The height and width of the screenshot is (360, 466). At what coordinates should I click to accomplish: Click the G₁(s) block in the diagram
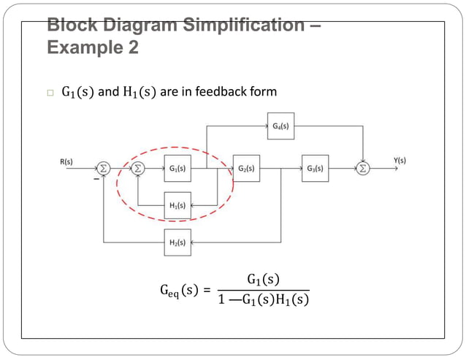pos(177,169)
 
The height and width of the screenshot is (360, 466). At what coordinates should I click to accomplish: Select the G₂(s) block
pos(246,169)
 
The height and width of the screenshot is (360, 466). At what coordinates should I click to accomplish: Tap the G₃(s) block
pos(315,169)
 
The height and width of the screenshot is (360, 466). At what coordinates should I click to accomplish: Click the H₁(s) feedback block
pos(177,205)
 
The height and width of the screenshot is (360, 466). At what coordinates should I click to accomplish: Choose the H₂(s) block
pos(177,242)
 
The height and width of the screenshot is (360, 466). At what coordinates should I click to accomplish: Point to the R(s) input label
pos(66,161)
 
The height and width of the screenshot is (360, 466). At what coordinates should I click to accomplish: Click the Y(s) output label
pos(400,161)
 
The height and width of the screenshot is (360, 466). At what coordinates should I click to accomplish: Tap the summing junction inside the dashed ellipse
pos(138,169)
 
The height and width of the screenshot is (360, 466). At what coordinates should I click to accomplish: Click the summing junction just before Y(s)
pos(363,169)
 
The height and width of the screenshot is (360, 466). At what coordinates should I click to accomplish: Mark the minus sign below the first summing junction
pos(95,178)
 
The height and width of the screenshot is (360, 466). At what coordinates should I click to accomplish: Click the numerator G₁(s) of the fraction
pos(263,280)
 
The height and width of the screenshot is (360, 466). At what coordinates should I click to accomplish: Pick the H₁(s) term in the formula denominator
pos(293,300)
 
